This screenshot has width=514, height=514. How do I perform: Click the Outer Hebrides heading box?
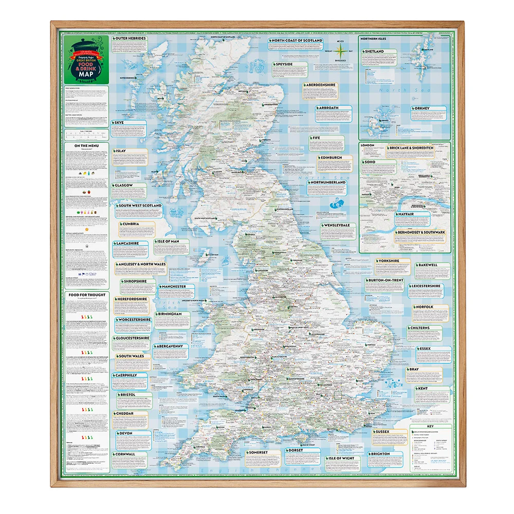point(131,39)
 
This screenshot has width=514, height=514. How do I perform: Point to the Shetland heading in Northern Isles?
point(374,52)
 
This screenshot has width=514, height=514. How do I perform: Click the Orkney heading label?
point(420,108)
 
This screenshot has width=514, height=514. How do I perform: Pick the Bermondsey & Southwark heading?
point(420,233)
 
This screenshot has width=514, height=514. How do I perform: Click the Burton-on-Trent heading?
point(384,280)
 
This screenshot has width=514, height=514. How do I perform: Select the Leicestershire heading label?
point(424,286)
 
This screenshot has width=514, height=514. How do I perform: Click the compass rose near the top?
point(340,50)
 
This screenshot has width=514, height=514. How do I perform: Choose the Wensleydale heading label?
point(337,225)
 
